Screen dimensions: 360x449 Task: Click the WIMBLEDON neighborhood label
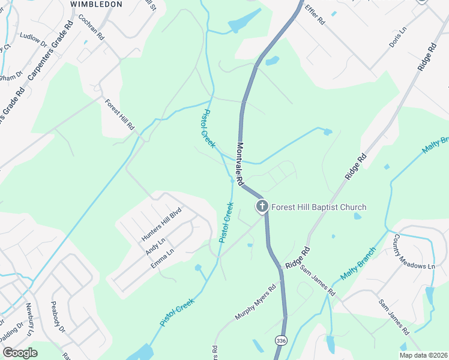[96, 4]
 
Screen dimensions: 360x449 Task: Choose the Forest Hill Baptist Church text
[319, 208]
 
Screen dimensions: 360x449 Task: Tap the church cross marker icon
[262, 207]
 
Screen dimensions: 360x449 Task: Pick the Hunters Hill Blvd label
[161, 224]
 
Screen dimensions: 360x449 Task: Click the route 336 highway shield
[281, 340]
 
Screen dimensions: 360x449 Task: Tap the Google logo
[19, 353]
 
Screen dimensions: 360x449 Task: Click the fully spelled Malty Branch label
[358, 263]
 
